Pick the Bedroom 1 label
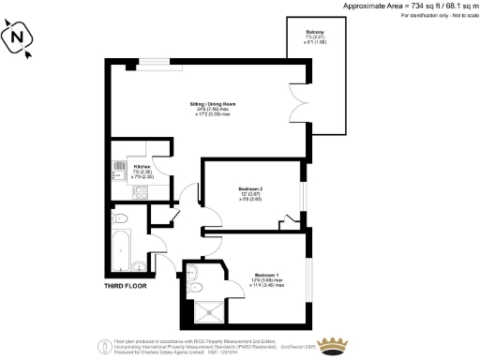pos(266,276)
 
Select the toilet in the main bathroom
pos(119,219)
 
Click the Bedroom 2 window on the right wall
pos(306,192)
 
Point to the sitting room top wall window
pos(156,63)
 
